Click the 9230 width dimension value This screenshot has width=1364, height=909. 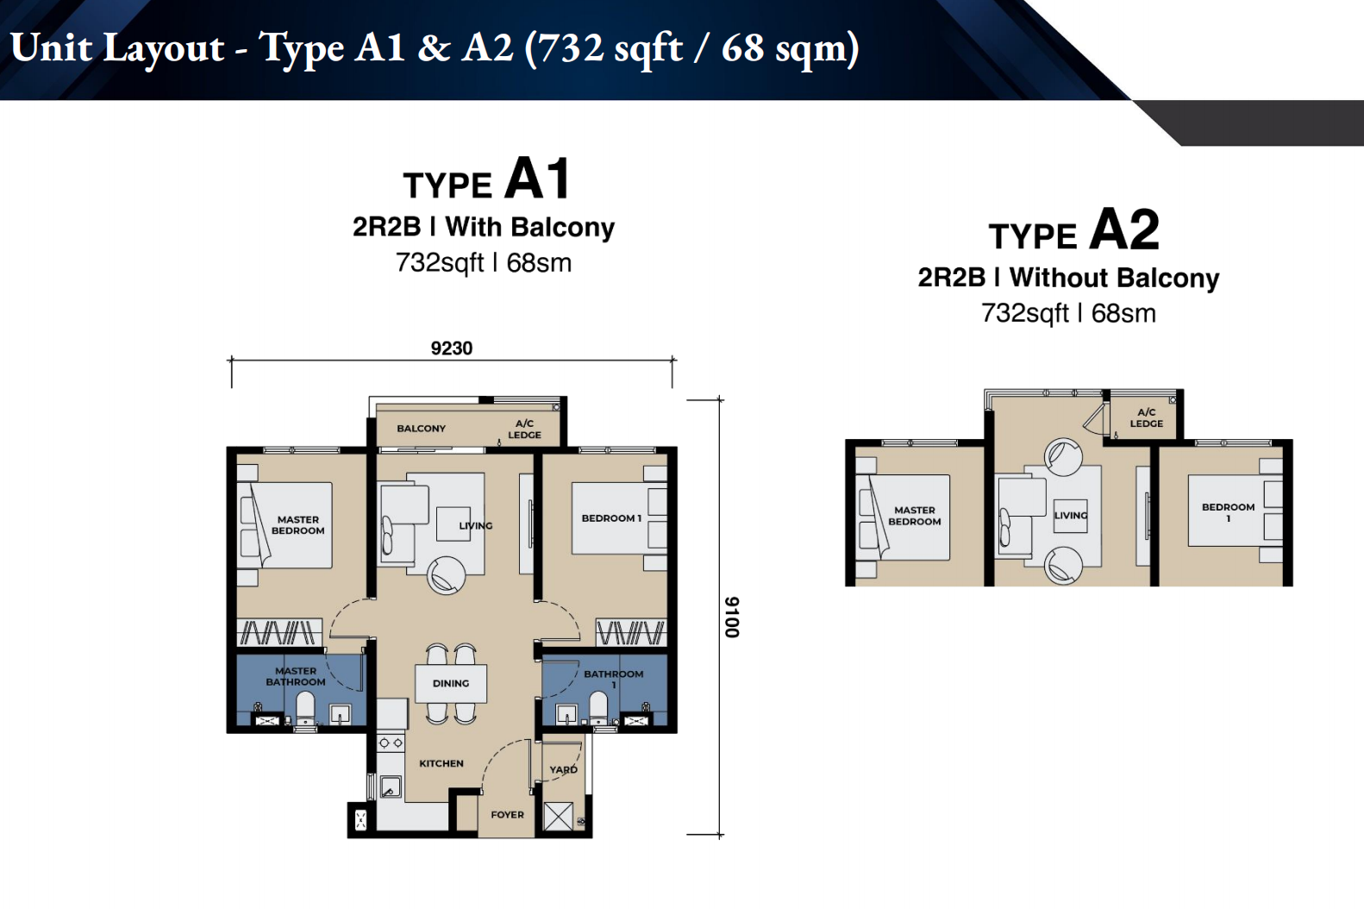(451, 348)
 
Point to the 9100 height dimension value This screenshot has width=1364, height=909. (731, 617)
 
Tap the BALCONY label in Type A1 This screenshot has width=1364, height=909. (422, 429)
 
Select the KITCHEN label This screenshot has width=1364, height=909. (441, 763)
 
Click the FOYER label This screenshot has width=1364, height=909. (507, 815)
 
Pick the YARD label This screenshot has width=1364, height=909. (563, 769)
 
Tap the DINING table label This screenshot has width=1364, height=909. (451, 684)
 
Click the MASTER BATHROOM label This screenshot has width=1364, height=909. (296, 676)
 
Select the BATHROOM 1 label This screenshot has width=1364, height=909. (613, 679)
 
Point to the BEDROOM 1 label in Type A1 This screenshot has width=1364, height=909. (611, 518)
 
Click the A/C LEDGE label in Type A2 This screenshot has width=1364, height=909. (1147, 418)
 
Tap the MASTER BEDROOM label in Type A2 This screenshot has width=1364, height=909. (915, 516)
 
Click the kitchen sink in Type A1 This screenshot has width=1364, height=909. (390, 787)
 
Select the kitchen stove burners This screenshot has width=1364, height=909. (391, 743)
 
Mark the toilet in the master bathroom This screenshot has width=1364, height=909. (305, 711)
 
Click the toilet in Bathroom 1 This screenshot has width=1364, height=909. (598, 710)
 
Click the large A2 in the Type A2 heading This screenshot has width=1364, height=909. (1124, 229)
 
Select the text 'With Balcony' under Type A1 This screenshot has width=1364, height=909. (529, 228)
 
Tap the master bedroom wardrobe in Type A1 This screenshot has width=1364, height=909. (279, 632)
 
